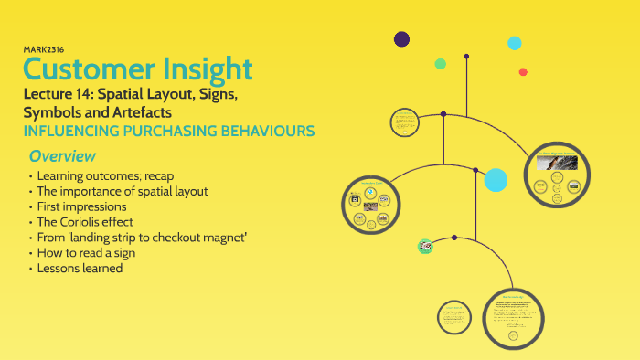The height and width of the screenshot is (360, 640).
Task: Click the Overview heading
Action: pos(61,156)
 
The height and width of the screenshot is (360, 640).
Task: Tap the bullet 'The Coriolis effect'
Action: pos(83,222)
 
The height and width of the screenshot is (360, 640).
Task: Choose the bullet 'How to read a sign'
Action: pos(83,253)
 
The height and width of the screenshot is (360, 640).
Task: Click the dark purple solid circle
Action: pos(401,38)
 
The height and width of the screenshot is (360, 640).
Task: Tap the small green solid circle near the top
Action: pos(440,64)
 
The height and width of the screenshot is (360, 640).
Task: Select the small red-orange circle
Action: pos(523,72)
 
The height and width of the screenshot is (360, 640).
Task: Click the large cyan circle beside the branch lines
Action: pos(496,180)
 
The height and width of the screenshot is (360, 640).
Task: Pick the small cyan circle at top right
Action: pos(515,43)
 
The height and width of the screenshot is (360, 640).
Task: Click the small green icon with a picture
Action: pos(425,245)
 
